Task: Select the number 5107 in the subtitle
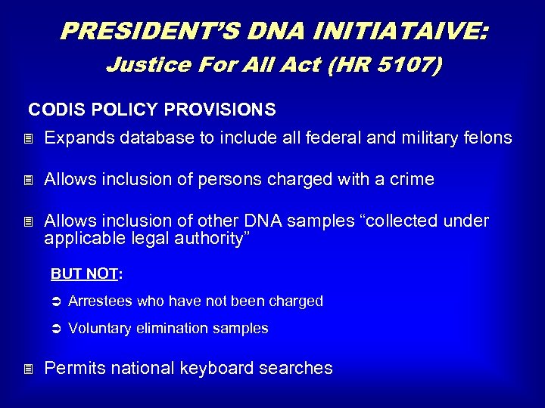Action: (404, 65)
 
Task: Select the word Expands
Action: (77, 138)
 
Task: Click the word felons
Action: (490, 138)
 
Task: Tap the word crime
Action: (409, 180)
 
